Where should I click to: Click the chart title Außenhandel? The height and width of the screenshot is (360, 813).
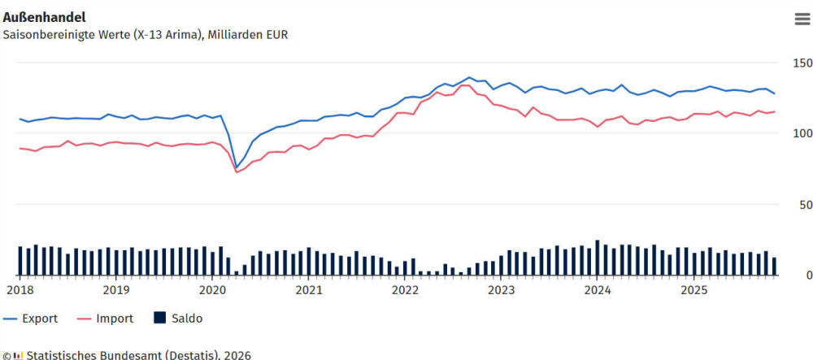(45, 16)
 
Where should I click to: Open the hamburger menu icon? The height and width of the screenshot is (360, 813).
(802, 20)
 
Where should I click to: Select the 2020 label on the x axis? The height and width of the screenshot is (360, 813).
(212, 289)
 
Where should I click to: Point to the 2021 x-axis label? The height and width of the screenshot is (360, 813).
(308, 289)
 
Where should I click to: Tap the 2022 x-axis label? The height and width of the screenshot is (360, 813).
(404, 289)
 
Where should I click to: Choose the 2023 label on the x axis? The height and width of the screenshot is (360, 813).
(501, 289)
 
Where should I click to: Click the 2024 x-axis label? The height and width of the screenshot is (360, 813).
(597, 289)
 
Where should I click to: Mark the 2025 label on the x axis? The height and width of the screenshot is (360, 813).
(693, 289)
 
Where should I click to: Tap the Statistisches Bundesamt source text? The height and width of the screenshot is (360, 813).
(138, 355)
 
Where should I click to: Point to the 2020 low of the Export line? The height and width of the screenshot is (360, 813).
(237, 167)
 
